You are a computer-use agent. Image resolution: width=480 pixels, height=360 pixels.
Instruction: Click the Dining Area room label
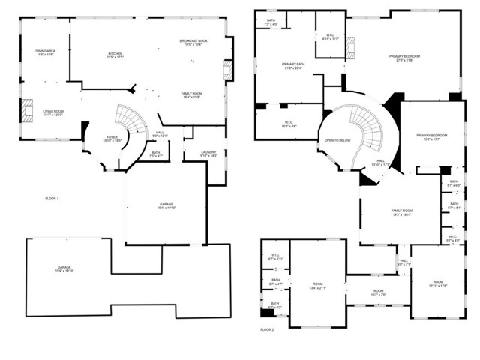click(45, 52)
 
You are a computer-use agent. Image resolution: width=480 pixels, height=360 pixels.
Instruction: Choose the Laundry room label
click(208, 154)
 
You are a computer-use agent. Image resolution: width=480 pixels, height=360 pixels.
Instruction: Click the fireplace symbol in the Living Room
click(27, 109)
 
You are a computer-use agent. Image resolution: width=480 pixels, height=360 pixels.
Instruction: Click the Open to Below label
click(337, 140)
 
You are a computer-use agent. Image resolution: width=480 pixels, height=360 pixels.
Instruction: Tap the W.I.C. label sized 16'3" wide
click(289, 124)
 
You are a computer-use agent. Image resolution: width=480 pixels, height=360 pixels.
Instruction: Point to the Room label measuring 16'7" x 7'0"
click(378, 292)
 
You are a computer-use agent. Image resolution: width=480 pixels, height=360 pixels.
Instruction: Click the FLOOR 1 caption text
click(52, 198)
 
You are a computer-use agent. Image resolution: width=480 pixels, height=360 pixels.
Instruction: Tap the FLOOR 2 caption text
click(268, 330)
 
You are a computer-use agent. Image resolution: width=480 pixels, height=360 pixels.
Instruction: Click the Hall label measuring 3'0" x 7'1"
click(403, 262)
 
